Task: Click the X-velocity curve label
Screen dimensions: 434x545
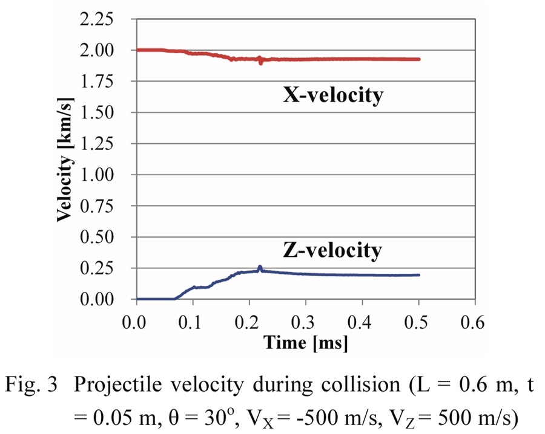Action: (x=333, y=96)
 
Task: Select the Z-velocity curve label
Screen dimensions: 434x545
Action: (x=332, y=249)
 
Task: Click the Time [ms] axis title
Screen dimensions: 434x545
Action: (x=306, y=344)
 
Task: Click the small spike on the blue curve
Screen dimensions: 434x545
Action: (x=260, y=267)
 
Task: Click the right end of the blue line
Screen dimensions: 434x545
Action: (x=418, y=275)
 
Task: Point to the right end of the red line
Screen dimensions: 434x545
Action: (x=418, y=59)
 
